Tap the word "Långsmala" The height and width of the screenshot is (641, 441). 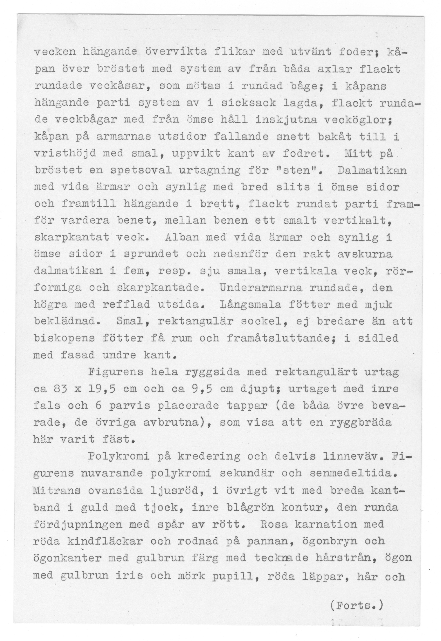coord(250,305)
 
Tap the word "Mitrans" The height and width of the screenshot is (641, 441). coord(57,491)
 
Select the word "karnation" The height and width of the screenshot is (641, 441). coord(326,524)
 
